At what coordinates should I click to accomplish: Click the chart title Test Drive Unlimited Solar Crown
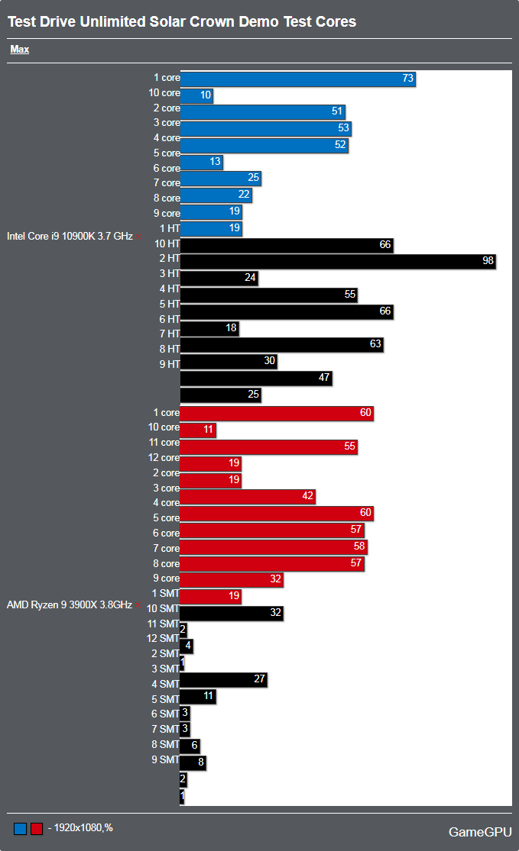182,21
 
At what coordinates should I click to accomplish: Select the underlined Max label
20,50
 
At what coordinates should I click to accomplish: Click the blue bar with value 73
297,79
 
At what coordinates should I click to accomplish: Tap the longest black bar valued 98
338,261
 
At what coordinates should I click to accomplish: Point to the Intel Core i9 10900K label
70,236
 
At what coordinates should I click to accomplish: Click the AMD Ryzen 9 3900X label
70,604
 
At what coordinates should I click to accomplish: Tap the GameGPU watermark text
479,831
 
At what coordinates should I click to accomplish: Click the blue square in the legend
21,828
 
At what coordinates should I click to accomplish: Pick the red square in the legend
37,828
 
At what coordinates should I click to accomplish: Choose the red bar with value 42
247,496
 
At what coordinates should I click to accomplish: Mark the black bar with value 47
255,379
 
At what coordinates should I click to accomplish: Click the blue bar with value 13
201,162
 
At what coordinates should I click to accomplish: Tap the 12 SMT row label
164,638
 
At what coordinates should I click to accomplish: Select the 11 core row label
164,443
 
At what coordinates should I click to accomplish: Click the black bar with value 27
223,680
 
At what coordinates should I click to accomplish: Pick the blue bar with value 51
262,111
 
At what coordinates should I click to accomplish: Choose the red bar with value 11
197,430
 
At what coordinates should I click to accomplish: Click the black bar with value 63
281,345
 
